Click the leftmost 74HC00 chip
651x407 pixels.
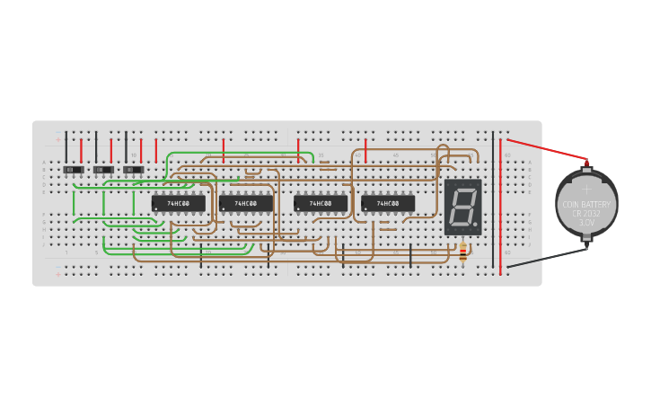pos(178,204)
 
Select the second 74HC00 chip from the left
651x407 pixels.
pos(246,204)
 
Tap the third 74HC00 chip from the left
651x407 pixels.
pos(321,204)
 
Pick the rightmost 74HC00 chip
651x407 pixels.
pos(388,204)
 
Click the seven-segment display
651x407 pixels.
pos(462,207)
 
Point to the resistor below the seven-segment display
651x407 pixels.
pos(462,253)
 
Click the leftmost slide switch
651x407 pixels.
pos(74,170)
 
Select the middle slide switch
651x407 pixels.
pos(103,170)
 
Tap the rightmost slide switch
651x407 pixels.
pos(133,170)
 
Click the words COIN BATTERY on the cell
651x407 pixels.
pos(586,204)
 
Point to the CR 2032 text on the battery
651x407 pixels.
pos(586,213)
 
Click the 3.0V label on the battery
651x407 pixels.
pos(586,222)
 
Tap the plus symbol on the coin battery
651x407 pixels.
pos(586,189)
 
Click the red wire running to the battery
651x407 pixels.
pos(548,150)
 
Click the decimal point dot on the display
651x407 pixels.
pos(475,226)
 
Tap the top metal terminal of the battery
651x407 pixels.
pos(587,164)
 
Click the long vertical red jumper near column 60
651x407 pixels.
pos(500,207)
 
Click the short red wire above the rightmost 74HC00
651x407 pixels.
pos(365,150)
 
